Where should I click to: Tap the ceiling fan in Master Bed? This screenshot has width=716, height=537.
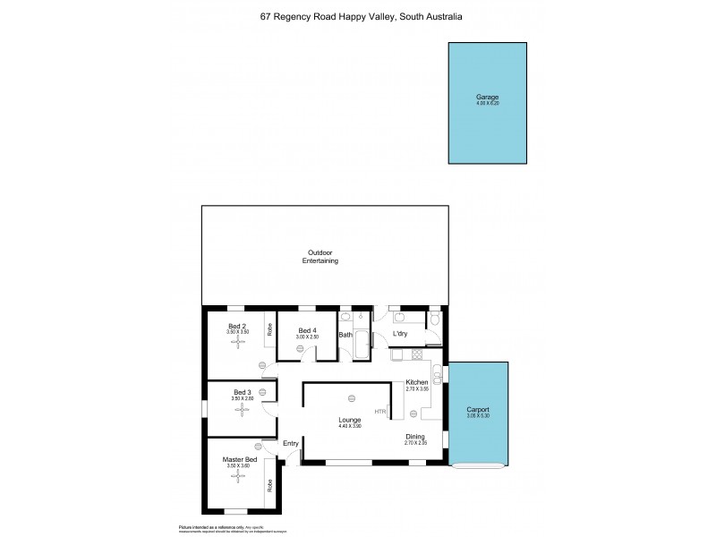click(x=237, y=476)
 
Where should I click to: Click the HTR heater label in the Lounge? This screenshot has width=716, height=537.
click(x=380, y=412)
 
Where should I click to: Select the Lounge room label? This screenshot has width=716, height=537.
click(x=349, y=418)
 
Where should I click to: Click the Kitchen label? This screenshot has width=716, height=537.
click(x=417, y=382)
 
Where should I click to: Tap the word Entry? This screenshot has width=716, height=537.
click(x=291, y=443)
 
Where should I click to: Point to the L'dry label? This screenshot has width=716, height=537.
click(x=402, y=335)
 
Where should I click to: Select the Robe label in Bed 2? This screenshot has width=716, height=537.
click(x=269, y=328)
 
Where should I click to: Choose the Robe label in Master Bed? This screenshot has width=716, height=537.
click(x=269, y=486)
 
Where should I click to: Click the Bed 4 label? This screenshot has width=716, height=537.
click(x=307, y=330)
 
